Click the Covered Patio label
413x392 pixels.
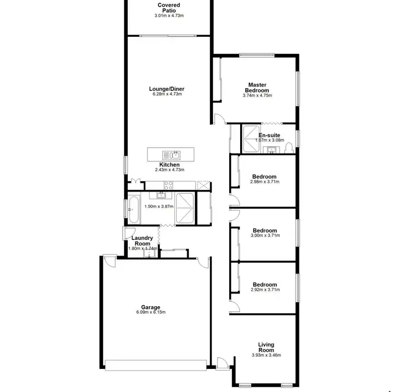pos(169,8)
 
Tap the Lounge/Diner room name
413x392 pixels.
pos(166,89)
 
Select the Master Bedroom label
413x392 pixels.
pos(257,88)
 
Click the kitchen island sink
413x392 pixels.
pos(171,154)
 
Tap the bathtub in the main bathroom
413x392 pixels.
pos(133,209)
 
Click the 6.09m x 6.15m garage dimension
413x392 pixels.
pos(150,312)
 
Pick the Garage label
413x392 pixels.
pos(150,307)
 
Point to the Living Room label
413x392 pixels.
pos(266,347)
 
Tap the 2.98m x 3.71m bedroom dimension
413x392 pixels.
pos(264,182)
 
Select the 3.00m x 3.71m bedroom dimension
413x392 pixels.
pos(266,236)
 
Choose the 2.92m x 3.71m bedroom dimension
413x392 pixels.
pos(264,290)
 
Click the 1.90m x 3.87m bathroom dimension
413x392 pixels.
pos(159,206)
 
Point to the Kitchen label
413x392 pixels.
pos(169,165)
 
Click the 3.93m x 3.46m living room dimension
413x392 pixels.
pos(266,355)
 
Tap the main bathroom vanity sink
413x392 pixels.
pos(161,195)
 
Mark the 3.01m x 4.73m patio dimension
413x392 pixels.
pos(169,15)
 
